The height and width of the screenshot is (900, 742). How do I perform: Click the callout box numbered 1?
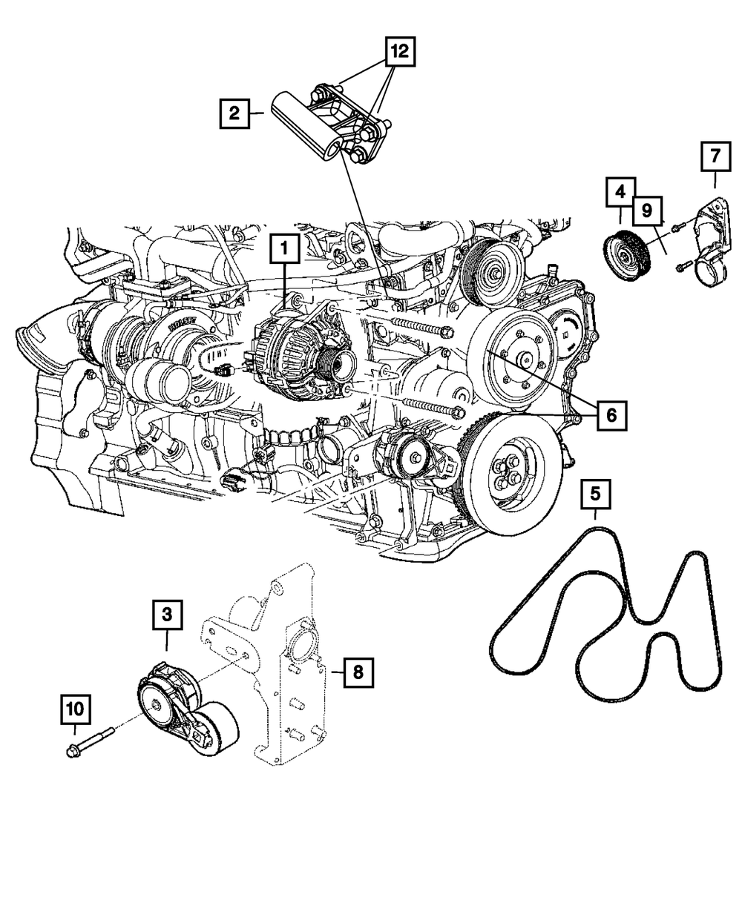point(286,251)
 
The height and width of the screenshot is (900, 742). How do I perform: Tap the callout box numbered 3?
point(168,615)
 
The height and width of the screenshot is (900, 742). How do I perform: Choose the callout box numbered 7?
point(715,156)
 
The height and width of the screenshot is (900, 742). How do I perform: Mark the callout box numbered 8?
point(358,672)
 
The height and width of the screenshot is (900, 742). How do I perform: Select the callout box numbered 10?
point(76,710)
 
